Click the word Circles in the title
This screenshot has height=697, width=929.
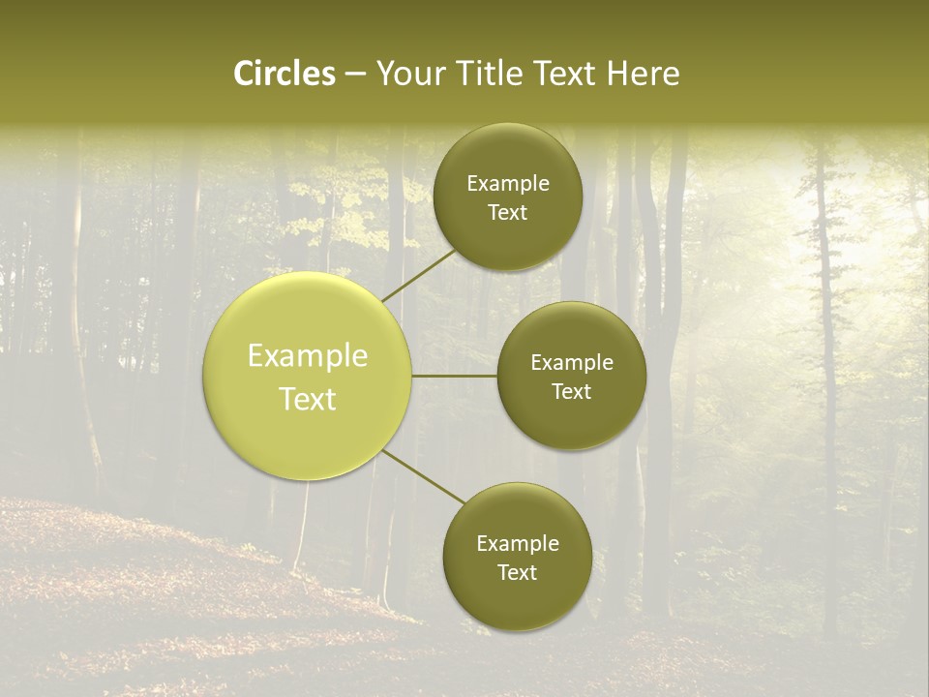[284, 74]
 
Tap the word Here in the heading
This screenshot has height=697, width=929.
[643, 74]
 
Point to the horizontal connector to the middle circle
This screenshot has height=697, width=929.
[455, 376]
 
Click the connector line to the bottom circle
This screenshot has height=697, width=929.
[424, 476]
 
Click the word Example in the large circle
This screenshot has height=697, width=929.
[308, 356]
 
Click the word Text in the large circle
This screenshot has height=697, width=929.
[308, 399]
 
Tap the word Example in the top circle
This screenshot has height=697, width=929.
[508, 184]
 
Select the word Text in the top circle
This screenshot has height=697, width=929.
[507, 213]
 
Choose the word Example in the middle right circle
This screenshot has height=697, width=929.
[571, 363]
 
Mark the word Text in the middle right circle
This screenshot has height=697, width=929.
[571, 392]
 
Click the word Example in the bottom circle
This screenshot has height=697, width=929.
[518, 544]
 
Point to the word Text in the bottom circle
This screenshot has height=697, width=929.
[517, 573]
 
